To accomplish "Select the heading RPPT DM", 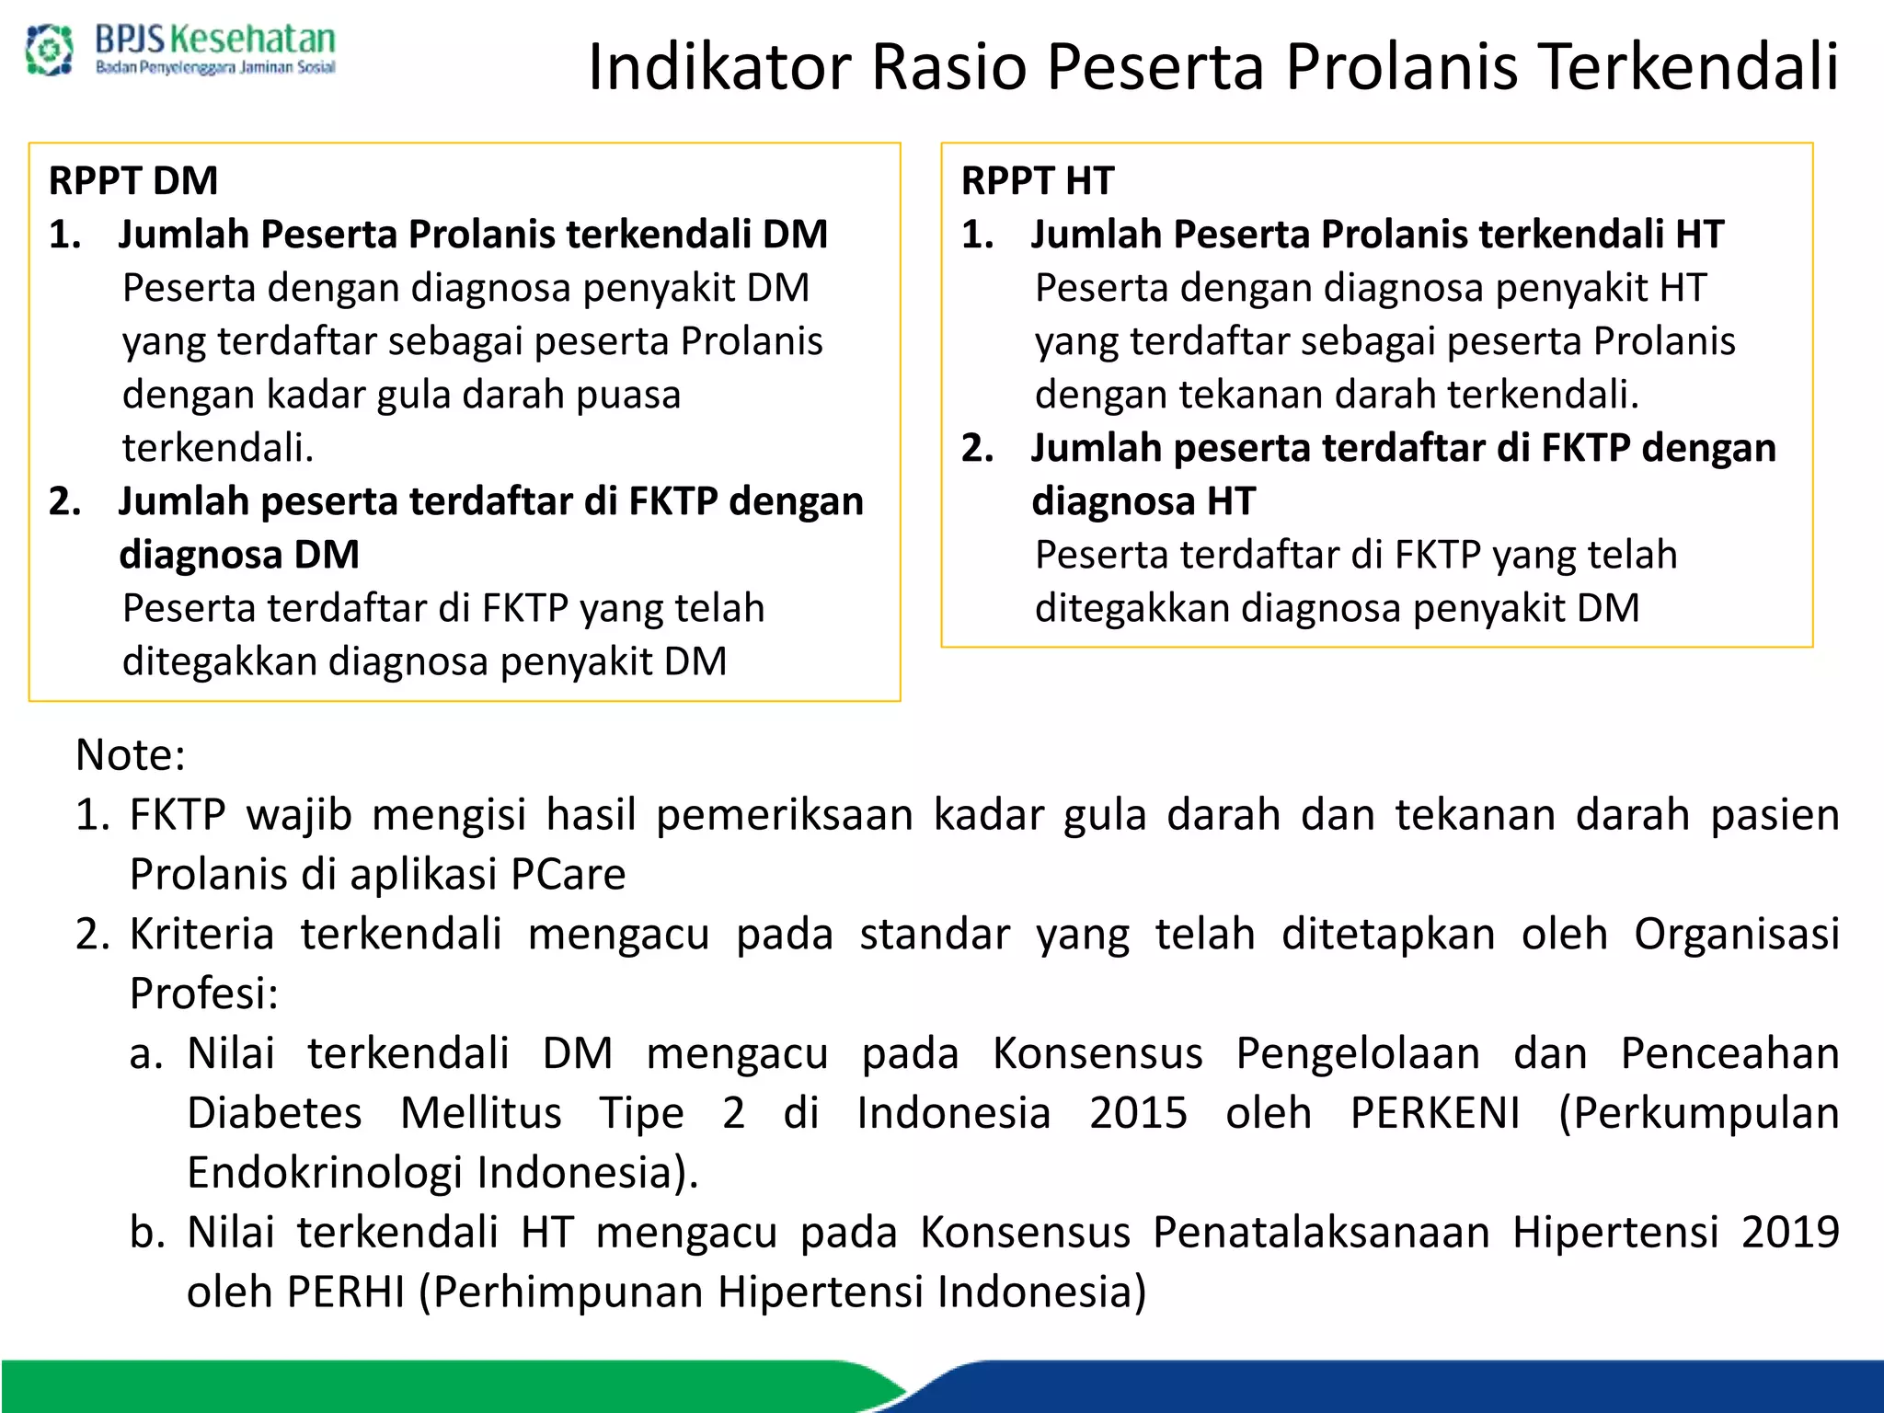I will click(133, 180).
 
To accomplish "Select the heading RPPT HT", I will click(1038, 180).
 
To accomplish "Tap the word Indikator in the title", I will click(715, 67).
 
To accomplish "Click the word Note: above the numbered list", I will click(131, 755).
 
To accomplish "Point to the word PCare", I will click(568, 874).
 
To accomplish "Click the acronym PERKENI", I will click(1434, 1113).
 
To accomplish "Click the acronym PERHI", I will click(346, 1292).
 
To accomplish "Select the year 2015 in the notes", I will click(1138, 1113).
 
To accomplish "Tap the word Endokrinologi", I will click(325, 1173).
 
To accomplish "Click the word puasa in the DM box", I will click(628, 395).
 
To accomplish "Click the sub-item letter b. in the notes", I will click(146, 1233).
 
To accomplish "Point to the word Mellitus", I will click(481, 1113).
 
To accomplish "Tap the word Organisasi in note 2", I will click(1736, 935).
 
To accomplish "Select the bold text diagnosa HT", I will click(1143, 501).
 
